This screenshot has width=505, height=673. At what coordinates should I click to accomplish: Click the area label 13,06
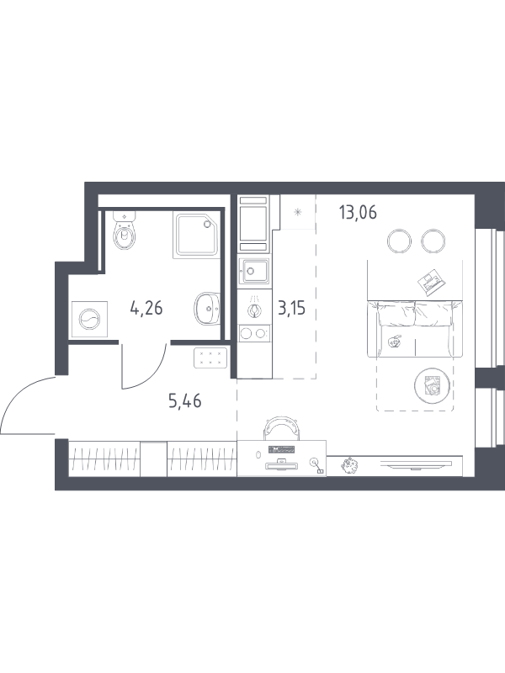tap(358, 213)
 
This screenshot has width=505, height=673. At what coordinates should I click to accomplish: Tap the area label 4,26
tap(146, 308)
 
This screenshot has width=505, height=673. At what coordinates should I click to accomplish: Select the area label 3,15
tap(291, 308)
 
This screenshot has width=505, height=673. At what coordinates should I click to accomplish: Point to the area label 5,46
tap(185, 401)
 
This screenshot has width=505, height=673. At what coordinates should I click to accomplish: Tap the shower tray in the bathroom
tap(197, 235)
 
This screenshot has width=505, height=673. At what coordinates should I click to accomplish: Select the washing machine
tap(89, 320)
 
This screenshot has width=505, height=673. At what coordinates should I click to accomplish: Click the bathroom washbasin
tap(207, 309)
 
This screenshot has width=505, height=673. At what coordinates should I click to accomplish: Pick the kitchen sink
tap(255, 271)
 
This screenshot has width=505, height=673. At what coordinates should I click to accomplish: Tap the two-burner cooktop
tap(255, 333)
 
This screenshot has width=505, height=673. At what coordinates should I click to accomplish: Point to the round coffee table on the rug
tap(432, 385)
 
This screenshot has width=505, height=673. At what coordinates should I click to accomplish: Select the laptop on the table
tap(432, 282)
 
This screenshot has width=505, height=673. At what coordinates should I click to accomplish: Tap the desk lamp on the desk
tap(317, 466)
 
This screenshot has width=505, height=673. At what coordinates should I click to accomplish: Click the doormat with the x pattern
tap(210, 358)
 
